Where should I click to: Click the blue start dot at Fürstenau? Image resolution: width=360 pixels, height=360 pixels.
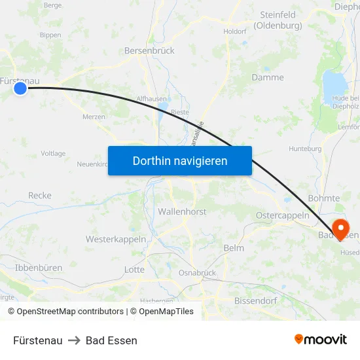point(20,88)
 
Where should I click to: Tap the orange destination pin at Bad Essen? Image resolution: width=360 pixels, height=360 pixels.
point(340,228)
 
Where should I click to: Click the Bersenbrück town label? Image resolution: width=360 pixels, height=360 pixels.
point(149,50)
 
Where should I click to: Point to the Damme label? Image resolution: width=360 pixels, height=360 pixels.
point(268,77)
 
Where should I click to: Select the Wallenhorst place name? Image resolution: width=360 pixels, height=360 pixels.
point(182,212)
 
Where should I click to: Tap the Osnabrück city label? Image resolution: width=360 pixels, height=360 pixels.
point(197,273)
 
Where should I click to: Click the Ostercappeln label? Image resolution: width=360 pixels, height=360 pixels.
point(282,215)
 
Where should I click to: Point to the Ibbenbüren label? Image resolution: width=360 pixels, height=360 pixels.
point(38,268)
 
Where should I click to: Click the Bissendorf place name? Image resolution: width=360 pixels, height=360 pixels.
point(256,301)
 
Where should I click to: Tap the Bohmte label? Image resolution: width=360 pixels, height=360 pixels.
point(323,198)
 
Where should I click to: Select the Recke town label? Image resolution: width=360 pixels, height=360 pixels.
point(40,195)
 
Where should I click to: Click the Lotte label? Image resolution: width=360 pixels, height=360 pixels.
point(134,269)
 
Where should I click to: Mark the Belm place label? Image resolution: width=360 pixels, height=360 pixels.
point(234,248)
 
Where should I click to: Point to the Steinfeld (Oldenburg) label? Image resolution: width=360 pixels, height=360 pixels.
point(278,20)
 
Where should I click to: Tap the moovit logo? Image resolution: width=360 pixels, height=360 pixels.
point(321,340)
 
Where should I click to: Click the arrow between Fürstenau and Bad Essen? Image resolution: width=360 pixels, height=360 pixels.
point(74,340)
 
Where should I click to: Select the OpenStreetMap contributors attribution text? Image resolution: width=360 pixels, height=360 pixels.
point(70,312)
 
